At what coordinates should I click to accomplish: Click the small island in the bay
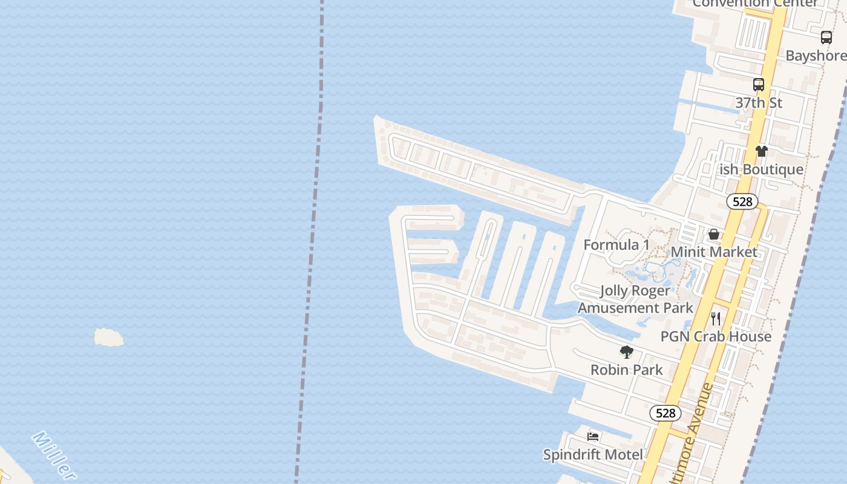(x=109, y=338)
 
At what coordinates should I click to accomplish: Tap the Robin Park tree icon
(x=627, y=352)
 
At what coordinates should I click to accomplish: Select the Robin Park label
(x=627, y=370)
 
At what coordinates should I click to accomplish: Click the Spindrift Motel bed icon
(x=593, y=436)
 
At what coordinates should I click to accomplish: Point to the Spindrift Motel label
(x=593, y=454)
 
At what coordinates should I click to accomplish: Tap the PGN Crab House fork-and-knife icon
(x=716, y=318)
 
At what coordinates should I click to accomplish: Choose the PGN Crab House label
(x=716, y=336)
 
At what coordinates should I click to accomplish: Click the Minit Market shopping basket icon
(x=714, y=234)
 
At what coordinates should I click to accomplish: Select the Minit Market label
(x=714, y=252)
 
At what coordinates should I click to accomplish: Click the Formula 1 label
(x=616, y=244)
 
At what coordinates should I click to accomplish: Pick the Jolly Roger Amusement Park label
(x=635, y=299)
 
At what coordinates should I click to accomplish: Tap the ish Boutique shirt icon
(x=761, y=151)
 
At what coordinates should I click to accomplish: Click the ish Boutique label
(x=761, y=169)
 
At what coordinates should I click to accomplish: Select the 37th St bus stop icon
(x=759, y=85)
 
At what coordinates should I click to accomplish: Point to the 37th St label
(x=759, y=103)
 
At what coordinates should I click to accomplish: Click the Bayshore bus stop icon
(x=826, y=38)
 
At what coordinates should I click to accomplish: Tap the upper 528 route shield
(x=742, y=201)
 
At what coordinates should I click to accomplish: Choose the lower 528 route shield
(x=665, y=413)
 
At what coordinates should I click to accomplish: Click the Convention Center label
(x=755, y=4)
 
